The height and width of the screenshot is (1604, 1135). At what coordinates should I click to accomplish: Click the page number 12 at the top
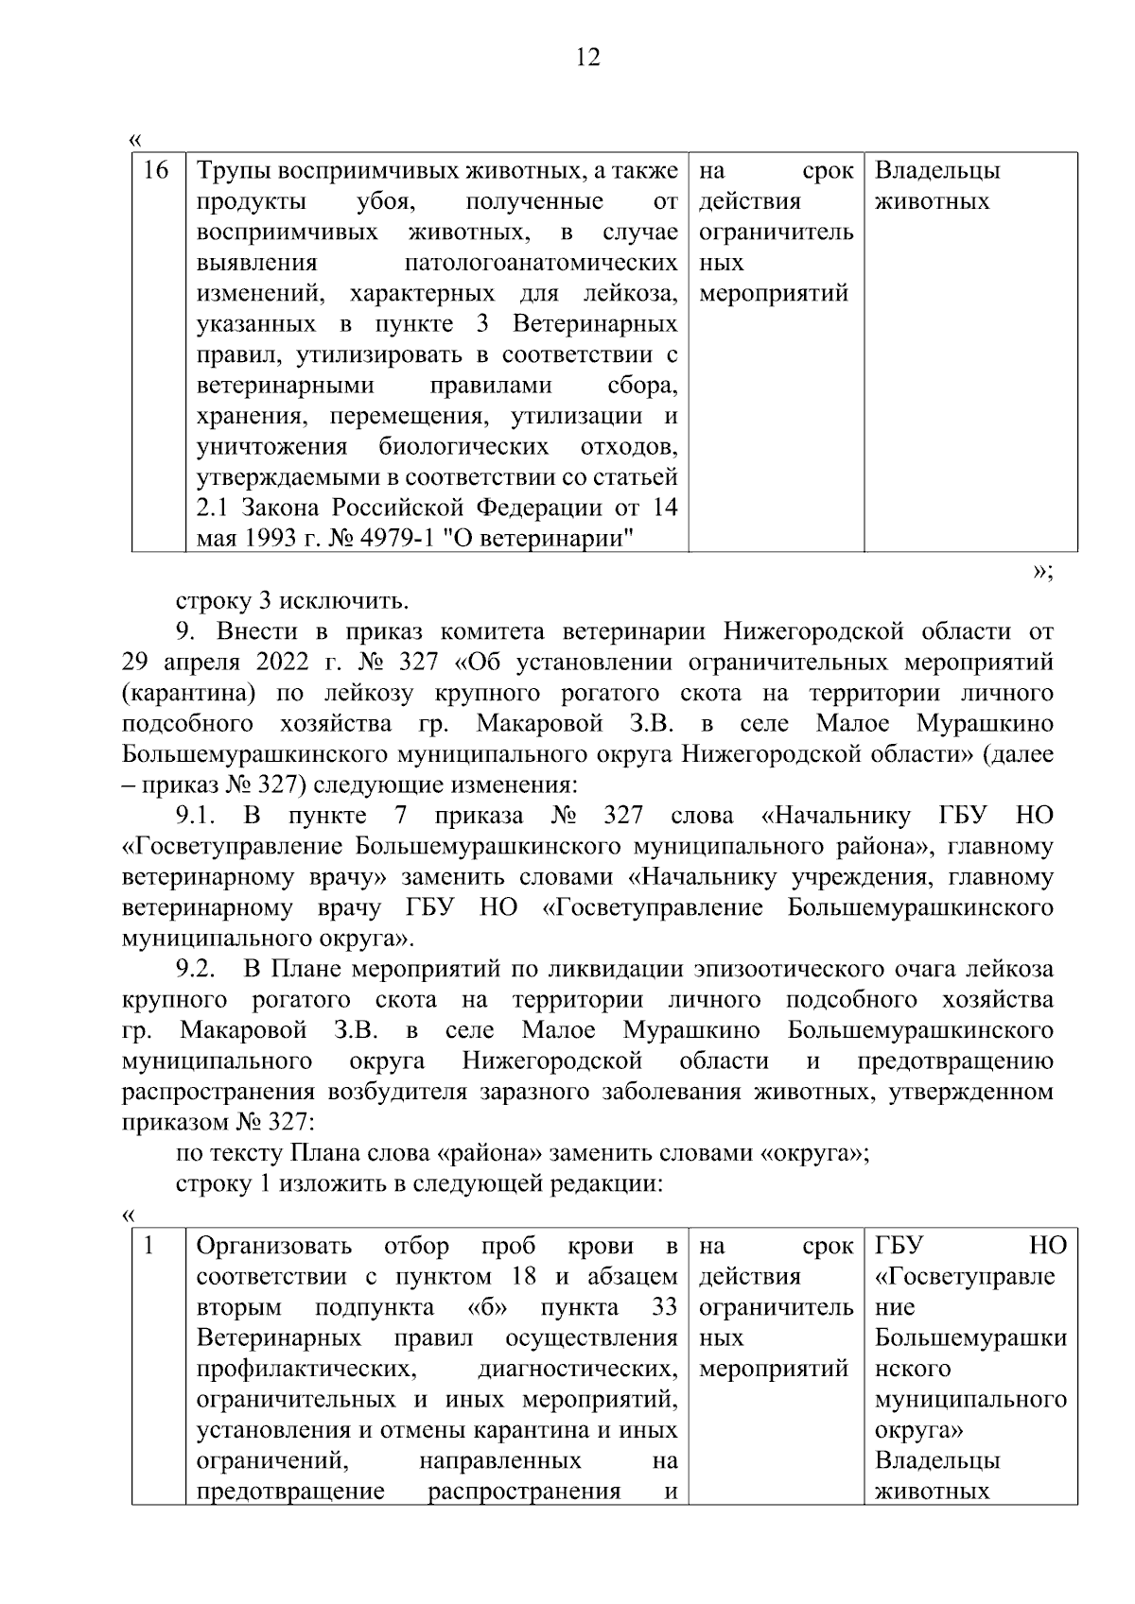(587, 58)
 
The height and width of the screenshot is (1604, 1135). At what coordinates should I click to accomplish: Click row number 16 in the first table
(156, 171)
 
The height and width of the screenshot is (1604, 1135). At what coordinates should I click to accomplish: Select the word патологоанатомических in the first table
(540, 263)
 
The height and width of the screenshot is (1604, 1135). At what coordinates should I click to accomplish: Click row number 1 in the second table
(148, 1246)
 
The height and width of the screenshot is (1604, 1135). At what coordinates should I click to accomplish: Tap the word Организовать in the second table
(273, 1246)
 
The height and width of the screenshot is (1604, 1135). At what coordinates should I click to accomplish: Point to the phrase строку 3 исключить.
(292, 601)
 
